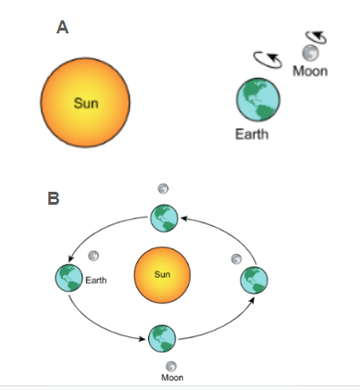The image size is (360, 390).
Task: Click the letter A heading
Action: (62, 27)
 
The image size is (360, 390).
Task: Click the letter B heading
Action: (54, 198)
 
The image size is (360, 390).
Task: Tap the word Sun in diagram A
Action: (86, 103)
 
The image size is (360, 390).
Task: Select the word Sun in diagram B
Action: (162, 274)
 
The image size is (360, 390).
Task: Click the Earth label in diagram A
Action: (252, 134)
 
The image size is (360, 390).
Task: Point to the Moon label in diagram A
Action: (310, 71)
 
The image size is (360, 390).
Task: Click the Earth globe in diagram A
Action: (258, 99)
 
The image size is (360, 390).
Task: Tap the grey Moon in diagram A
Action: (310, 53)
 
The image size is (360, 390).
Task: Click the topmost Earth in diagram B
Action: (164, 218)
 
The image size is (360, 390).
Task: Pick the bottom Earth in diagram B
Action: (162, 338)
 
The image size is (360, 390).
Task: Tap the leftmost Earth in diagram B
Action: (69, 278)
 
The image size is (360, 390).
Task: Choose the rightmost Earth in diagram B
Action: (254, 280)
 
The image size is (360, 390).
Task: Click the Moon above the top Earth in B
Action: (163, 188)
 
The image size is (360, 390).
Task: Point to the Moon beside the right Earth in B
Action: (236, 259)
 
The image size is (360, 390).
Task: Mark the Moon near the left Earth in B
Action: (93, 256)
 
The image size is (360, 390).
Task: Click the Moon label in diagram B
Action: (172, 377)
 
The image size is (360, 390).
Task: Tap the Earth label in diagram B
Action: (96, 281)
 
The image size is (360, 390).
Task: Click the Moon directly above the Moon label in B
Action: (171, 367)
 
